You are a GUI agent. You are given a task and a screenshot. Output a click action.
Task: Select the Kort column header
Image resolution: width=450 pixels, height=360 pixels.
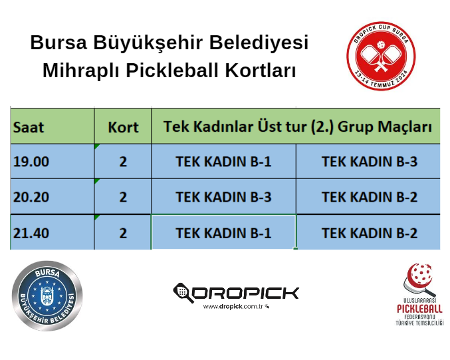[123, 126]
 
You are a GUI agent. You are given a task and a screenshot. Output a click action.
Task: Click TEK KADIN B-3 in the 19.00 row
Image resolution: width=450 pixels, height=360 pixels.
[370, 162]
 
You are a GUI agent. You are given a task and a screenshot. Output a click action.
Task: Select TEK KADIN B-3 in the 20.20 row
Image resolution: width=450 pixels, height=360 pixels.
[223, 197]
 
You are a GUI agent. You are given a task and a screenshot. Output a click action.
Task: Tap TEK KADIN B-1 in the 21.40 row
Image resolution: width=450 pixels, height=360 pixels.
[223, 233]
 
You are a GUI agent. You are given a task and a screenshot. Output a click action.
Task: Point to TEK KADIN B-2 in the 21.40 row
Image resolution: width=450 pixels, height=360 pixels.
[370, 233]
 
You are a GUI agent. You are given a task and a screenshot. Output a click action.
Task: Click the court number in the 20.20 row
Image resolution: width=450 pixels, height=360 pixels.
[123, 197]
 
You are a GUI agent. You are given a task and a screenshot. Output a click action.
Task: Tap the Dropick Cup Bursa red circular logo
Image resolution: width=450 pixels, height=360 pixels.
[381, 56]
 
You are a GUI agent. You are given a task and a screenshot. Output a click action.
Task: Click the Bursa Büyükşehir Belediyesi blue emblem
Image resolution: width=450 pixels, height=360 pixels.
[47, 295]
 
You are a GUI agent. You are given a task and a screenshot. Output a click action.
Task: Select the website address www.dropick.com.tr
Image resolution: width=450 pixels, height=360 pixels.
[233, 307]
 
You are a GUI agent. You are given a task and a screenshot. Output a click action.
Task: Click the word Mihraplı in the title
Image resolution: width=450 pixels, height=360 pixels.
[80, 71]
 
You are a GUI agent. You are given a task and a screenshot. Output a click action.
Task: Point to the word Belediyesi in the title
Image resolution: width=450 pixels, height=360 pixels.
[259, 43]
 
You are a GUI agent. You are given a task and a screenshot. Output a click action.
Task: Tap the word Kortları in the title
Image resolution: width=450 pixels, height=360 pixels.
[260, 71]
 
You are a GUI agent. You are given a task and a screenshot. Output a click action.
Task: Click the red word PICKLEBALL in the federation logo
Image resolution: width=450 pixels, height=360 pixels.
[419, 309]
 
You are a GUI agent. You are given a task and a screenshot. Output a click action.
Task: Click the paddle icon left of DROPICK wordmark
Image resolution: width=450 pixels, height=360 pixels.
[183, 293]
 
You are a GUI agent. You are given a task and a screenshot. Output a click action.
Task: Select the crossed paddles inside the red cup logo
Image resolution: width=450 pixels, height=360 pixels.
[381, 56]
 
